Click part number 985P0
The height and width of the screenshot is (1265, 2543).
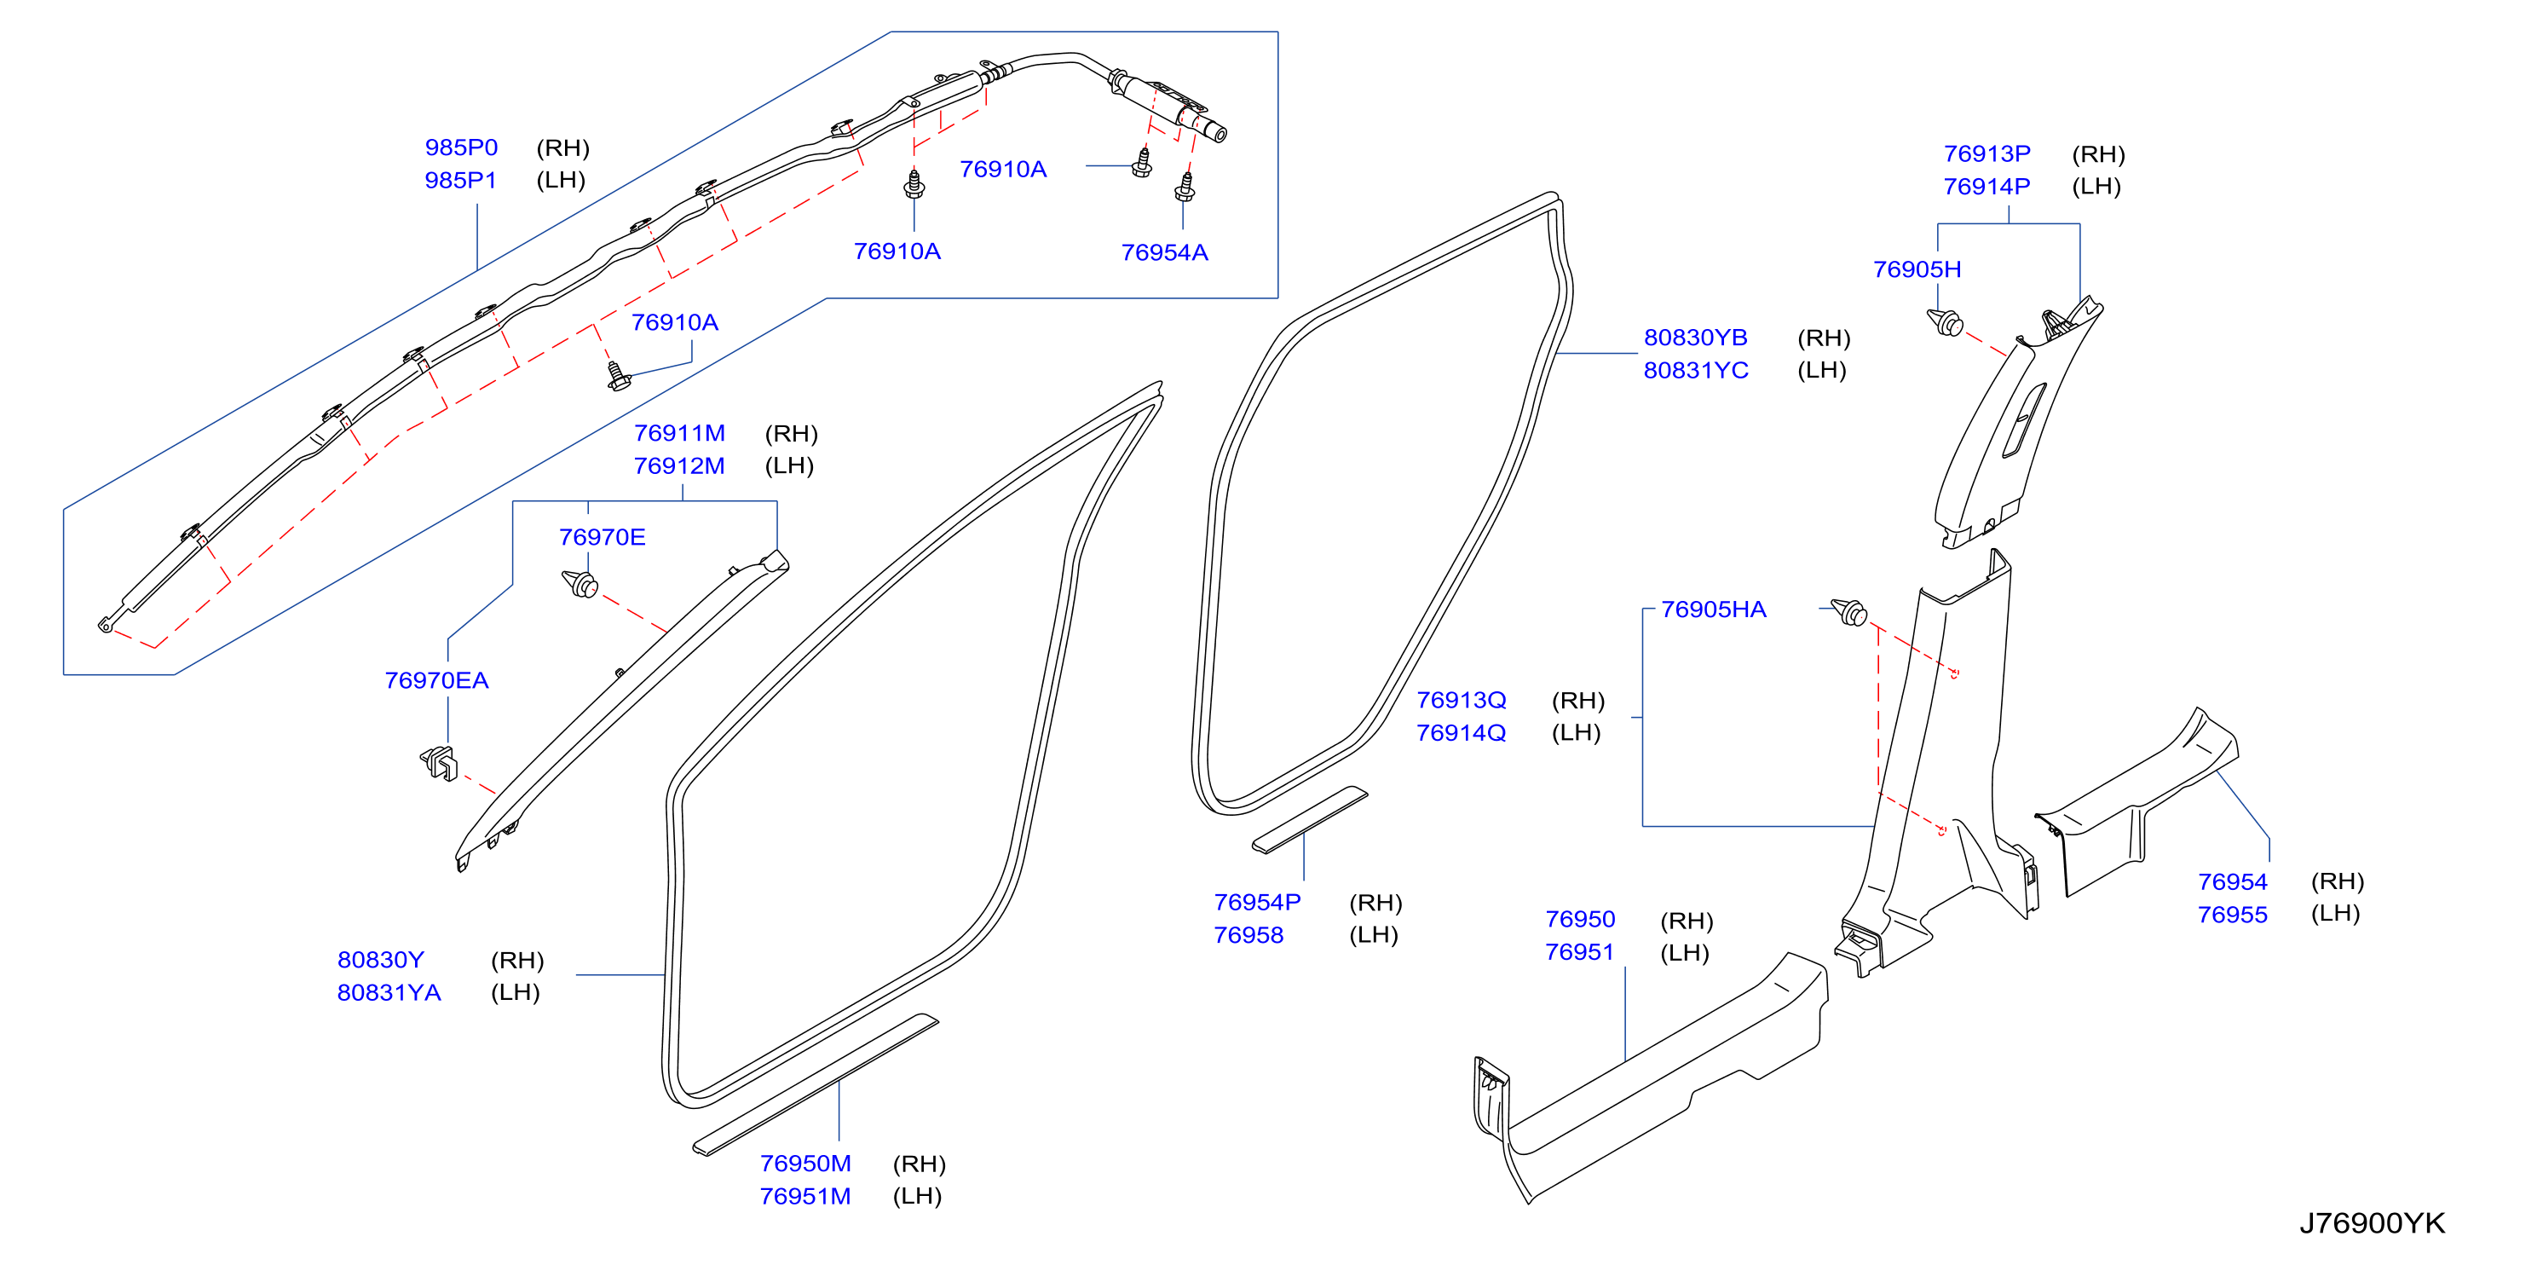pos(461,147)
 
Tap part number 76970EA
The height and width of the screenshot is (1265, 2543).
pos(436,680)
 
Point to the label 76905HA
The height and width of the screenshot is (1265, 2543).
pos(1713,609)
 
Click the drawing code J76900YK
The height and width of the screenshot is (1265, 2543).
pos(2373,1223)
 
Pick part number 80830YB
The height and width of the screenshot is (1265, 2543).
pos(1695,338)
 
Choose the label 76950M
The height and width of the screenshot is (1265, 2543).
pos(804,1164)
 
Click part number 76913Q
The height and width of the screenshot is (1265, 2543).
pos(1461,700)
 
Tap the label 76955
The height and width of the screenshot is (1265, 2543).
pos(2232,915)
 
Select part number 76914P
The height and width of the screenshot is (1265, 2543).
pos(1987,187)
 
